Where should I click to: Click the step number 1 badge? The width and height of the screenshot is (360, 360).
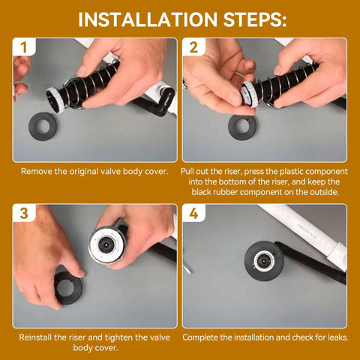23,48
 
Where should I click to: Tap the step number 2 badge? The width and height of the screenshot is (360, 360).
193,48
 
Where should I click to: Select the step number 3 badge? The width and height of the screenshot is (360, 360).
23,214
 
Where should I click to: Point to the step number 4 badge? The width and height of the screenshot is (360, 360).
193,214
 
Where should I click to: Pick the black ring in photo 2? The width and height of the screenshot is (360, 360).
241,126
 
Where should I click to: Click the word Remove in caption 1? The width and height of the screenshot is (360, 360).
38,172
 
